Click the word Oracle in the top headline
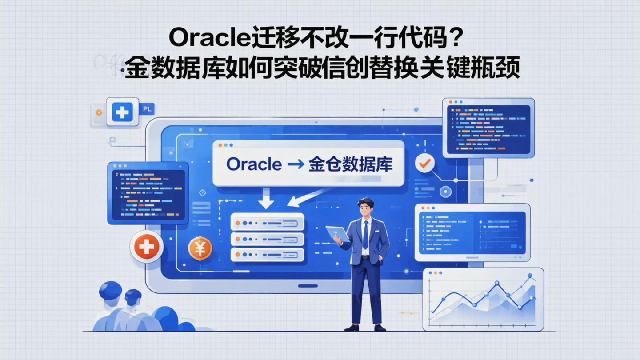coord(207,39)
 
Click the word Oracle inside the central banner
coord(254,164)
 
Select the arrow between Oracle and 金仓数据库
coord(296,165)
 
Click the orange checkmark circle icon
coord(424,163)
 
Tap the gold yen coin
coord(200,248)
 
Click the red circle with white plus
coord(147,246)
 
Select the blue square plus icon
coord(122,112)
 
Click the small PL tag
coord(147,109)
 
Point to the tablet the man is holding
coord(336,233)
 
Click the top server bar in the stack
coord(267,223)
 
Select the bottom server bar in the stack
coord(267,255)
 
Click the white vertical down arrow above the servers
coord(266,198)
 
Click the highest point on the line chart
coord(530,276)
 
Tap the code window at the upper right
coord(488,128)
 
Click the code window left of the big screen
coord(148,193)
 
